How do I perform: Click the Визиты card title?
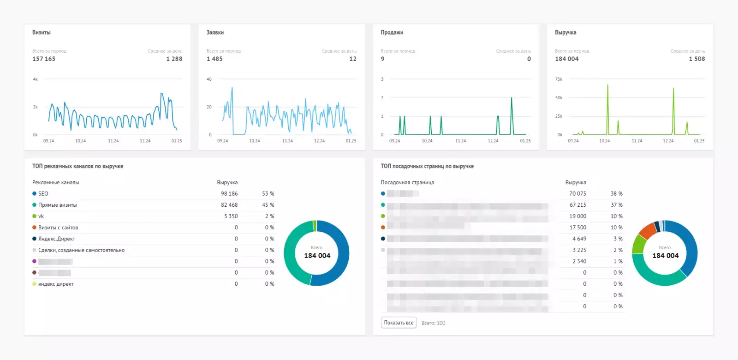42,33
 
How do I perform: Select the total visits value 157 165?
44,59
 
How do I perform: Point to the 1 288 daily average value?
174,59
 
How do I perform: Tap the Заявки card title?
215,33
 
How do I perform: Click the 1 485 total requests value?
214,59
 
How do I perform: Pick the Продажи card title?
392,33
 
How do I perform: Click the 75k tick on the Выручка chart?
559,79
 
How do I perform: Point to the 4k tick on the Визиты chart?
36,79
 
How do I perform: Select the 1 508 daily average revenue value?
696,59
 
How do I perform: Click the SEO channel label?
43,194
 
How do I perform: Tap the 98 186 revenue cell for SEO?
229,194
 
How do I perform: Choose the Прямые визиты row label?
57,205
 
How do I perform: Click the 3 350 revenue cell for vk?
231,216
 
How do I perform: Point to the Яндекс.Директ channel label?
56,239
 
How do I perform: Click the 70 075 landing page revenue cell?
577,194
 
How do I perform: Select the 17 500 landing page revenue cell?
577,228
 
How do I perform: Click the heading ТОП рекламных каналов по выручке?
77,166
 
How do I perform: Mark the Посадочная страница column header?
407,183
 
